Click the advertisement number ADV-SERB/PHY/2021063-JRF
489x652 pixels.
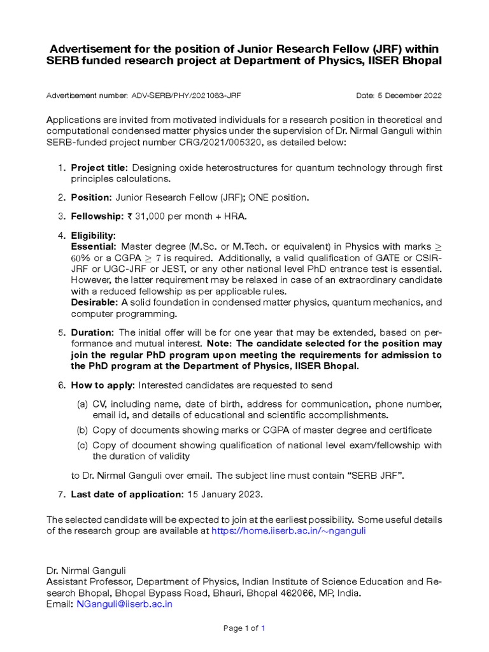click(x=186, y=96)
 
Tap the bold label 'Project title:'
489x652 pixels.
click(x=99, y=167)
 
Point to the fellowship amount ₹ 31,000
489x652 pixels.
click(x=146, y=216)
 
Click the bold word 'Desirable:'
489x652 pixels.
click(x=95, y=302)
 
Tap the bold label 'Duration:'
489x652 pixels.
click(x=92, y=333)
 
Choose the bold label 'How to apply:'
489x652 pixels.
click(x=103, y=385)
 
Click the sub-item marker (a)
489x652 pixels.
click(x=82, y=404)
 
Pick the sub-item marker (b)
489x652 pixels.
click(x=82, y=430)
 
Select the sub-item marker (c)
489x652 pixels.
click(x=82, y=445)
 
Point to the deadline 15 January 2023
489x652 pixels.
click(x=224, y=494)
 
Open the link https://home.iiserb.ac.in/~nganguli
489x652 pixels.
click(x=288, y=530)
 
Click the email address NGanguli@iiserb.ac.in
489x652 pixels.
click(x=124, y=604)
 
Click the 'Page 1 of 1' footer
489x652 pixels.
click(x=244, y=628)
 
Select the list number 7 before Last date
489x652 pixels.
click(x=61, y=494)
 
